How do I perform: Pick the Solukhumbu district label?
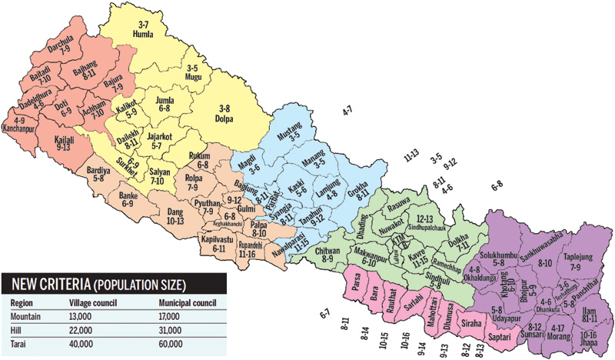point(500,254)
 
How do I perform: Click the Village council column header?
point(90,302)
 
